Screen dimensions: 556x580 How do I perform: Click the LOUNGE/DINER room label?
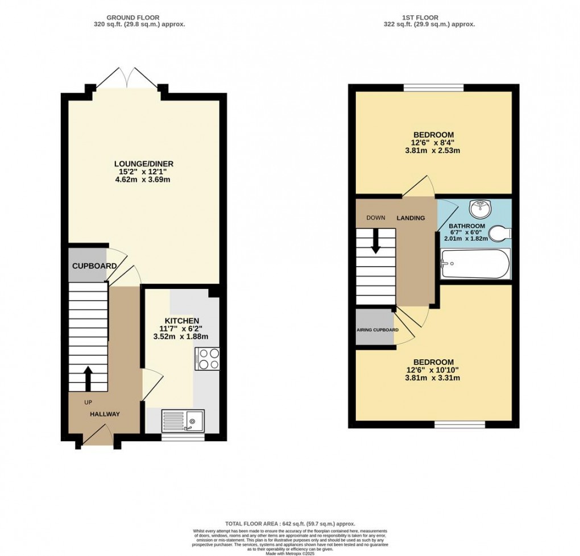(143, 164)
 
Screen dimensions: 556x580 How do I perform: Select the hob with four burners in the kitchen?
(207, 358)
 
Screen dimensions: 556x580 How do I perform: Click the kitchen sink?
(183, 421)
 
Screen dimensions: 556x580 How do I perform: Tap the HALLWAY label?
(105, 414)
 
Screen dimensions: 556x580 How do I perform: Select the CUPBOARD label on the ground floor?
(94, 266)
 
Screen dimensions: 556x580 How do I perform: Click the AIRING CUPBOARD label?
(378, 330)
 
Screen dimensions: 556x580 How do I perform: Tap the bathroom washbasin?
(481, 208)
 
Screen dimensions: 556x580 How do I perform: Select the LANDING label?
(411, 218)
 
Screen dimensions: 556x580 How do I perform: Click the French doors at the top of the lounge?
(127, 78)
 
